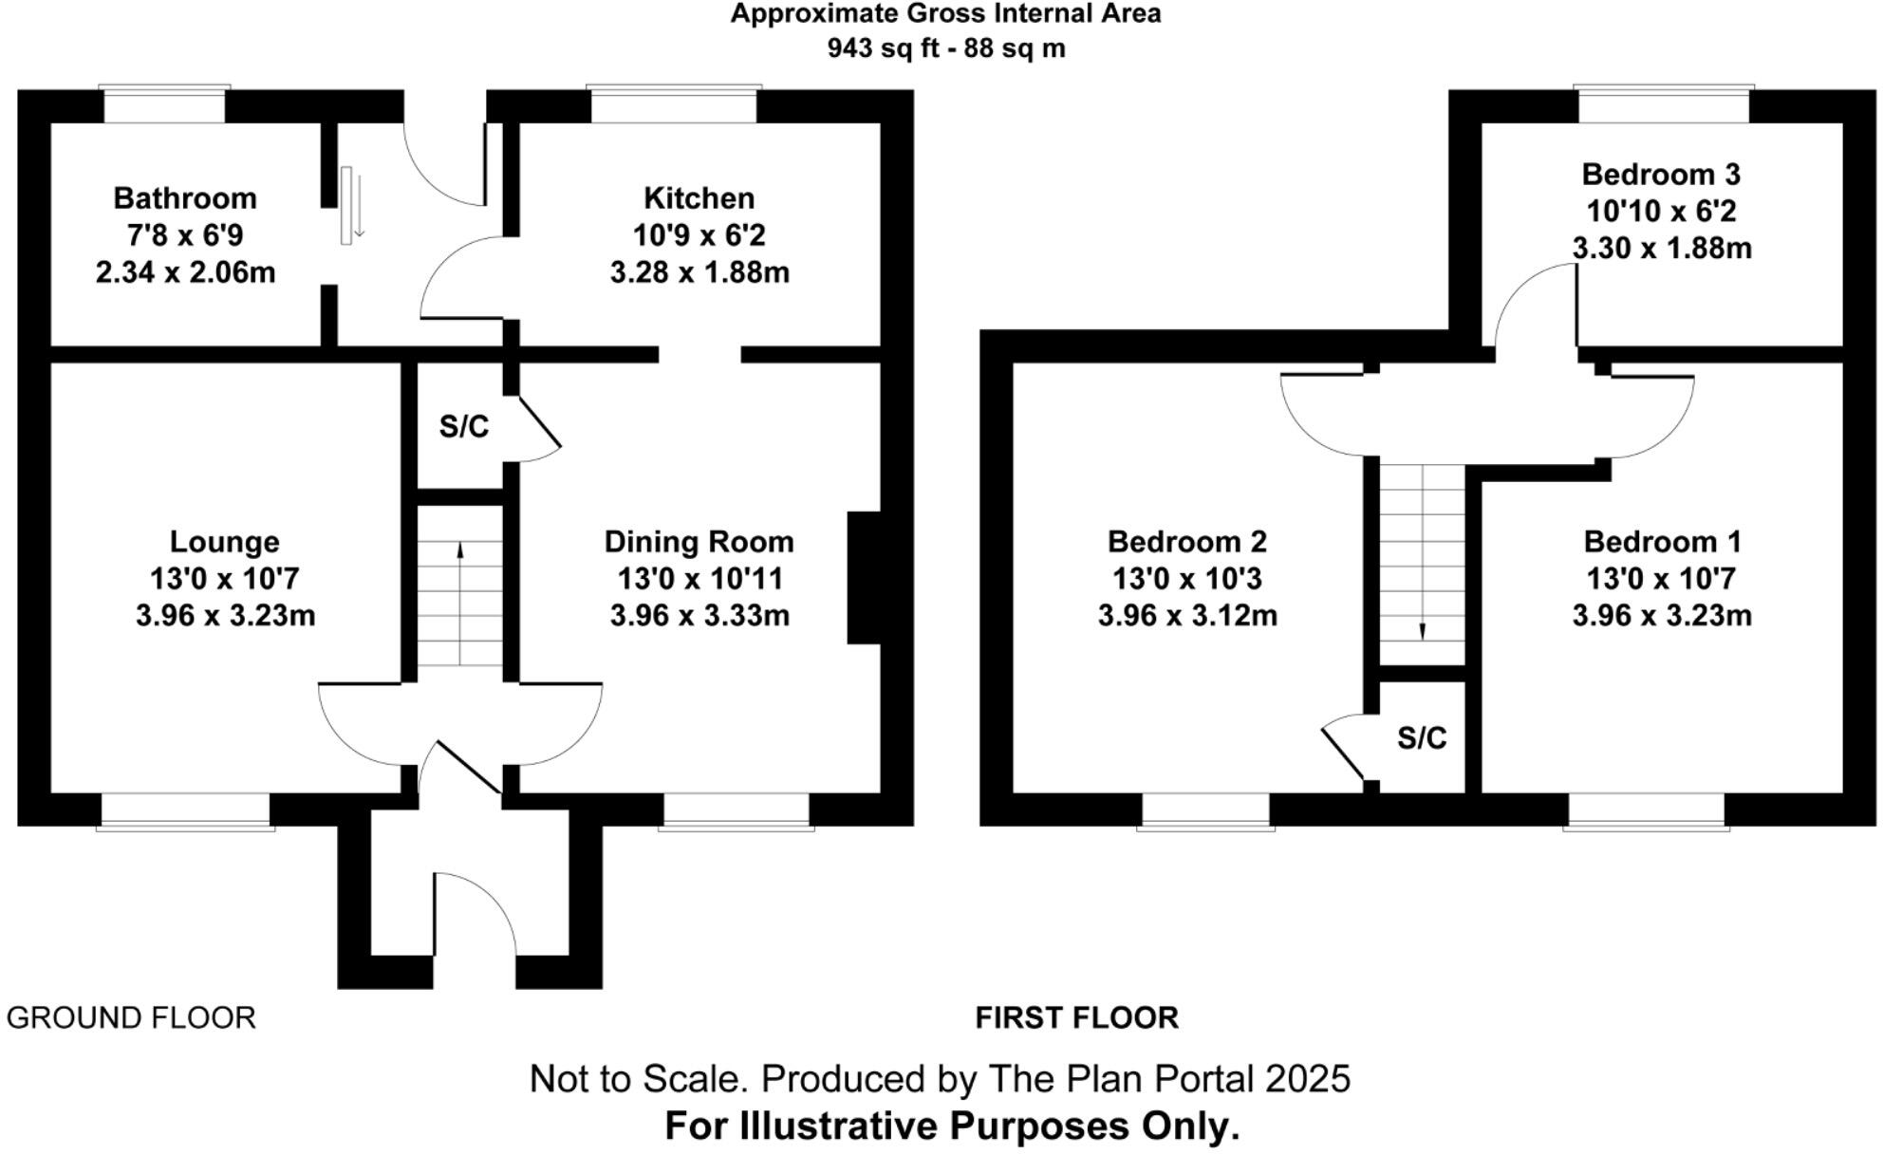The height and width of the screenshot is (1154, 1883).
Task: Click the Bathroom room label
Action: pos(185,198)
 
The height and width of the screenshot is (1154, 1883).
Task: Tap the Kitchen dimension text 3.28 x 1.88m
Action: pos(699,273)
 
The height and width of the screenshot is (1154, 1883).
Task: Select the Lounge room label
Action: pos(225,542)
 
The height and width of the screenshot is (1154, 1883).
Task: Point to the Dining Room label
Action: pos(699,542)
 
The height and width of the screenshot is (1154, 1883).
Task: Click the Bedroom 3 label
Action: pos(1661,175)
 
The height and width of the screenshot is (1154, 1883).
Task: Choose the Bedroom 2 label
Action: pos(1187,542)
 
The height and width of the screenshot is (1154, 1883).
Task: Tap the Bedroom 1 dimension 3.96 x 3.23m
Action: pos(1662,616)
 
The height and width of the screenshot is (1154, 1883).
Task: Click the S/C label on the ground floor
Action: pos(464,427)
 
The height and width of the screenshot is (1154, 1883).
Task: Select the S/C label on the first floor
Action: pos(1422,737)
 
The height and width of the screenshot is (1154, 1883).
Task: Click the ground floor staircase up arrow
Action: pos(460,550)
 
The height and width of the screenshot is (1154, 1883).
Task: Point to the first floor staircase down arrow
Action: pos(1423,632)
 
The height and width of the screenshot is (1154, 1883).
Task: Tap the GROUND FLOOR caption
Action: pos(131,1018)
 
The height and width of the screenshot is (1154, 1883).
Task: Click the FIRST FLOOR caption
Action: pos(1077,1018)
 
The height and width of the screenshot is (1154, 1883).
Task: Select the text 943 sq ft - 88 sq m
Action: pos(946,47)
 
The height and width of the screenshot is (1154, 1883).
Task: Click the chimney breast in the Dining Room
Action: pos(864,578)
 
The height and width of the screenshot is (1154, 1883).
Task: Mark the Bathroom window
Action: pos(165,104)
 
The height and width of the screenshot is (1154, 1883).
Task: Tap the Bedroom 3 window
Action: pos(1663,104)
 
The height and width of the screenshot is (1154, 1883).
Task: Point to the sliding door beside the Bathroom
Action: pos(347,205)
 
